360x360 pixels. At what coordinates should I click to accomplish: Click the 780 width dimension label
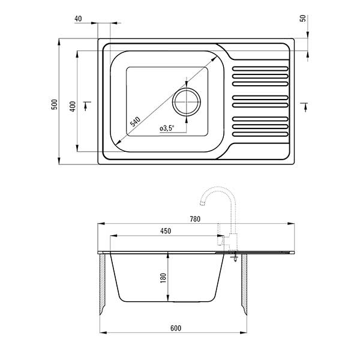click(194, 219)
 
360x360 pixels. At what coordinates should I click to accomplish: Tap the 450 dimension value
click(166, 231)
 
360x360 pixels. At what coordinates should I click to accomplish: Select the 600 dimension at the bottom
click(175, 328)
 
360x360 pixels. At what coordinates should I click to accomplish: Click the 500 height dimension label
click(54, 103)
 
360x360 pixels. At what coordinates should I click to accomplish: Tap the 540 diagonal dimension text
click(135, 120)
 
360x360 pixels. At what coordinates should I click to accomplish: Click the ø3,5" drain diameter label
click(167, 128)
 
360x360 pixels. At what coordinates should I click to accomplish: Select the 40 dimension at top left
click(79, 19)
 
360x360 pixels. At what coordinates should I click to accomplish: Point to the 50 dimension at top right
click(303, 18)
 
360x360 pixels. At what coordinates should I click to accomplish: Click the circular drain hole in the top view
click(187, 101)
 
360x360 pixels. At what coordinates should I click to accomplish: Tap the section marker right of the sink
click(304, 106)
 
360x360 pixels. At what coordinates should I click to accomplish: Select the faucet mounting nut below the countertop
click(235, 258)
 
